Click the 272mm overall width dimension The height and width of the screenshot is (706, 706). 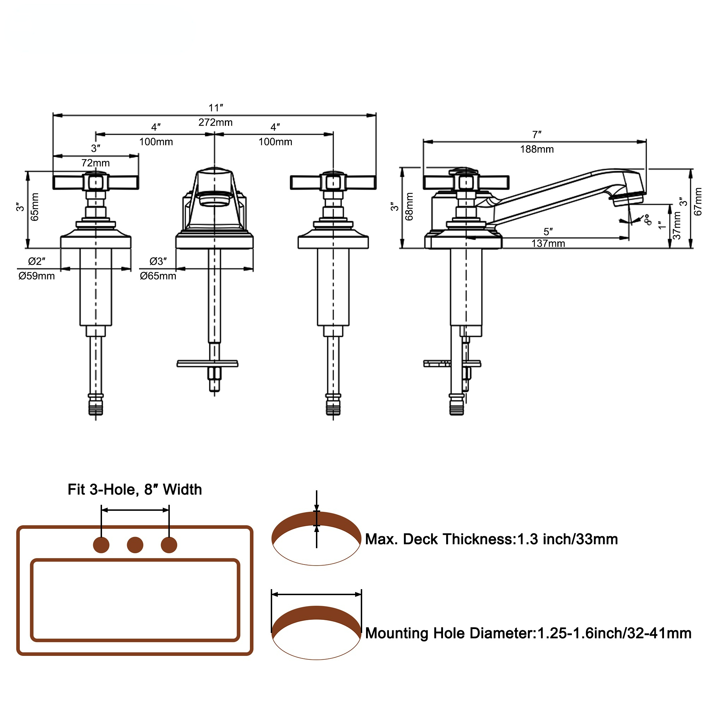click(x=215, y=122)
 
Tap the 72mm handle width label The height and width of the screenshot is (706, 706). click(x=95, y=163)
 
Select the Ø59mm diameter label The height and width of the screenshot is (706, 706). click(x=37, y=276)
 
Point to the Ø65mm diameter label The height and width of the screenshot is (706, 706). click(x=158, y=276)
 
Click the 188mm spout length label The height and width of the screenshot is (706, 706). click(x=537, y=149)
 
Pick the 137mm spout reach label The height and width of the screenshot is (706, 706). click(x=548, y=243)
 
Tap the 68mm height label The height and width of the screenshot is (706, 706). click(x=409, y=207)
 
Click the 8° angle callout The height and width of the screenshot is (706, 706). click(x=647, y=220)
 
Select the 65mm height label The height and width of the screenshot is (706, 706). click(x=35, y=207)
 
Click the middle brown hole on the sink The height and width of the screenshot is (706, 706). click(x=135, y=545)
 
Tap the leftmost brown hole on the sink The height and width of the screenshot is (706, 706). click(x=101, y=545)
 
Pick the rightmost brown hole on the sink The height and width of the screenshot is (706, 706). click(x=169, y=545)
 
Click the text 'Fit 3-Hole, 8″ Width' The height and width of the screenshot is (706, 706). click(x=134, y=490)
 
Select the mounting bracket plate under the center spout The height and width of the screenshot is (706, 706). click(x=207, y=364)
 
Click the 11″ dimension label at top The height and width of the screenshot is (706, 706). click(x=216, y=108)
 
